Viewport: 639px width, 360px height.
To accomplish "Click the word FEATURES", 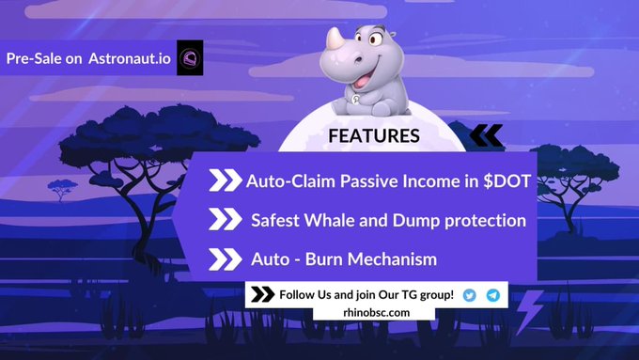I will (x=373, y=136).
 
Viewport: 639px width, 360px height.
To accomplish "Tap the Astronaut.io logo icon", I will (x=191, y=58).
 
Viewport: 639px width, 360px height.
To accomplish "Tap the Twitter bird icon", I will (x=469, y=295).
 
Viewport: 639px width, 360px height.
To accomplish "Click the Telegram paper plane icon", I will (x=492, y=295).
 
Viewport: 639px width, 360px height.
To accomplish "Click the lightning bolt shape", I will (x=532, y=306).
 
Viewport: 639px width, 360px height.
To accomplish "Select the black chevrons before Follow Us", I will (x=263, y=295).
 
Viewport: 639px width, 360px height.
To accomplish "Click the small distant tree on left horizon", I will (x=64, y=188).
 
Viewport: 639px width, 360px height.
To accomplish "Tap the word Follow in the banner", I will (x=300, y=295).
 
